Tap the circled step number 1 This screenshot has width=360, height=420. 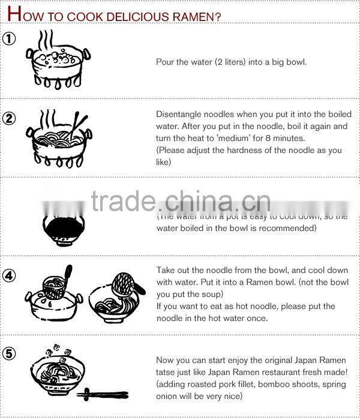(x=9, y=40)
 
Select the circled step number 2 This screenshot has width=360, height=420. (x=9, y=118)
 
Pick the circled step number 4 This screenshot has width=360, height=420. (x=9, y=275)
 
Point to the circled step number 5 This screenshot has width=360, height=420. (x=9, y=353)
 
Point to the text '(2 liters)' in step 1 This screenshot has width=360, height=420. (x=232, y=62)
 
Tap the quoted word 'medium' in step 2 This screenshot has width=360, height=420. (x=224, y=139)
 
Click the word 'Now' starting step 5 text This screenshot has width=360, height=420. (x=165, y=359)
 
